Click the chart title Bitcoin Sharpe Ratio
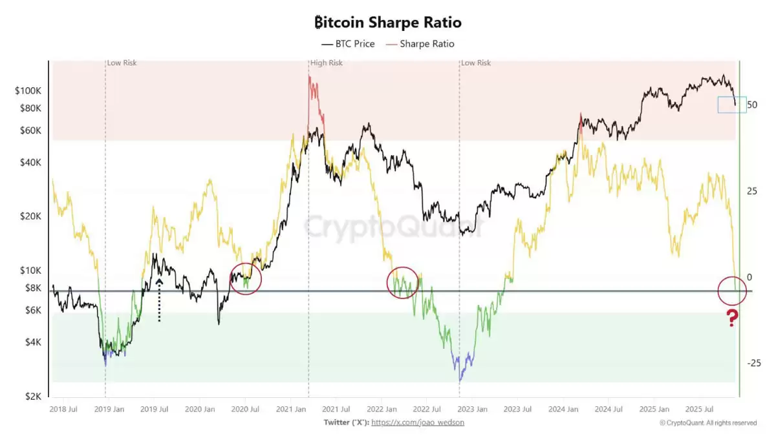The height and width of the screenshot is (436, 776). click(x=387, y=23)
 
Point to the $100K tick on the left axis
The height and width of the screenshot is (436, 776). click(x=28, y=91)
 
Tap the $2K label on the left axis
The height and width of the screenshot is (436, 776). click(x=34, y=396)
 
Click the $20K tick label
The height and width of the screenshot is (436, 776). click(x=31, y=216)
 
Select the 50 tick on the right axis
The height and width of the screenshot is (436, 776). click(x=751, y=105)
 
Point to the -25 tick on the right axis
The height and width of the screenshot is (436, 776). click(x=753, y=363)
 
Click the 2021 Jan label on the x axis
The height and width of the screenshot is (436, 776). click(x=291, y=409)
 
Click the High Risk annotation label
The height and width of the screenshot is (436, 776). click(x=327, y=63)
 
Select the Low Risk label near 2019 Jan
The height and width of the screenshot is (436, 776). click(x=122, y=63)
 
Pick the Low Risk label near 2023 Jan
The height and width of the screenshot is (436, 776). click(x=475, y=63)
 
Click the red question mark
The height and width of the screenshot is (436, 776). click(x=732, y=318)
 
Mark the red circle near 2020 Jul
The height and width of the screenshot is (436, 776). click(x=246, y=278)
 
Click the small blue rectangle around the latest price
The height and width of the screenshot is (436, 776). click(x=731, y=105)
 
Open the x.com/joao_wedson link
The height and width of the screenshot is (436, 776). click(x=418, y=422)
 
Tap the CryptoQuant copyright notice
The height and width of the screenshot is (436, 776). click(x=707, y=423)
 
